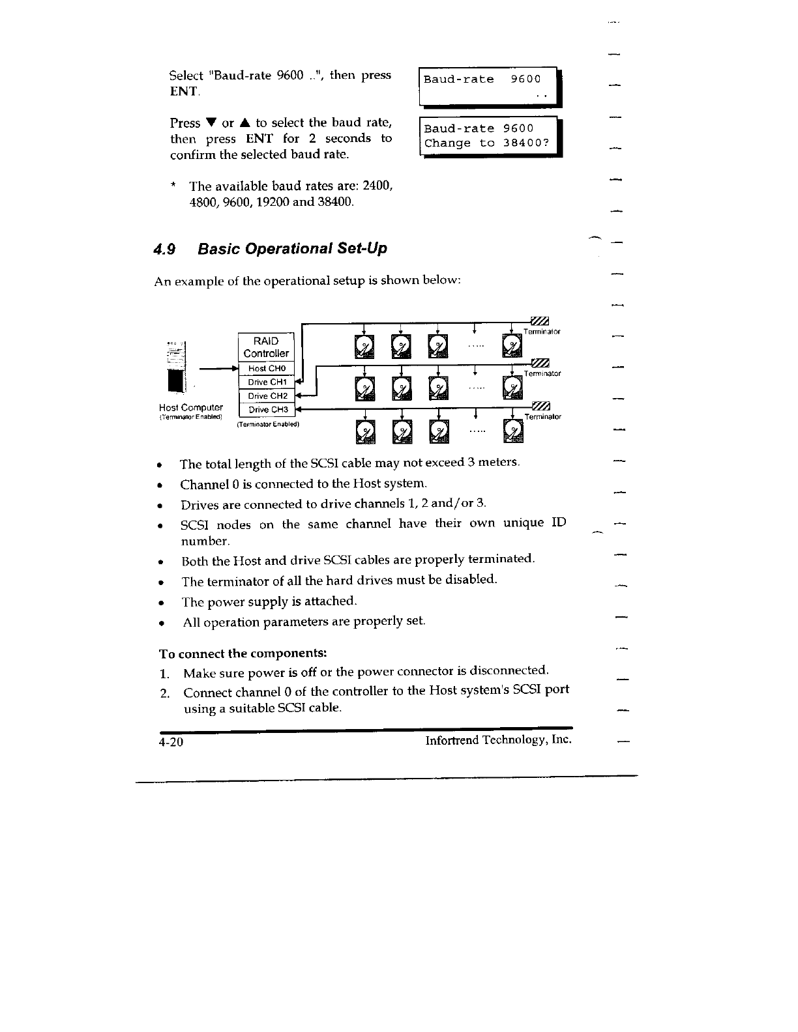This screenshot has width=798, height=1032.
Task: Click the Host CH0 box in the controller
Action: click(267, 369)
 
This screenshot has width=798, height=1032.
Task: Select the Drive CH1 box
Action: click(267, 382)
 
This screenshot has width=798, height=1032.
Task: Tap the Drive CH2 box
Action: click(267, 396)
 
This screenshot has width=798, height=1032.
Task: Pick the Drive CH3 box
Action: click(267, 410)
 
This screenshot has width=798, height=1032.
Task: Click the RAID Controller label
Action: click(266, 347)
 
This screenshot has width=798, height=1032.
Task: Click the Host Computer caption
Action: click(191, 408)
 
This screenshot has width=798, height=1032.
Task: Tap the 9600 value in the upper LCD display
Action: click(525, 79)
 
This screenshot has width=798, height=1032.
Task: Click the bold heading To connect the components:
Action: click(243, 653)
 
